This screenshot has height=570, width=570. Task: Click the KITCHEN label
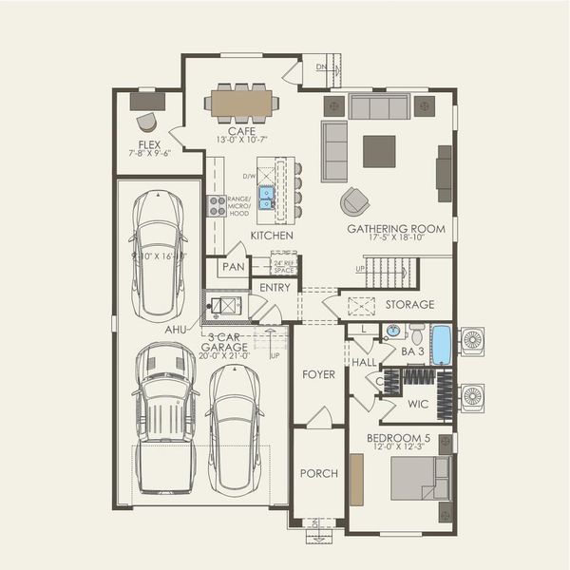click(x=272, y=235)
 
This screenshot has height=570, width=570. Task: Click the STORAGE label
click(x=409, y=305)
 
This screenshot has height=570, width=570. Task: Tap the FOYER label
click(x=318, y=374)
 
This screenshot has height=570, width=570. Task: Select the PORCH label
click(x=318, y=473)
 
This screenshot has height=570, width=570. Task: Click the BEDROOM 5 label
click(x=399, y=439)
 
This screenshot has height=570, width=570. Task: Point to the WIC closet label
click(x=418, y=404)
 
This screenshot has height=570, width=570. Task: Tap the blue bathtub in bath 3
click(x=441, y=345)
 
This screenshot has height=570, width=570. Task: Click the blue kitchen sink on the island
click(x=267, y=197)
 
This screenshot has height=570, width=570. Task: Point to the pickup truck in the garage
click(x=165, y=417)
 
